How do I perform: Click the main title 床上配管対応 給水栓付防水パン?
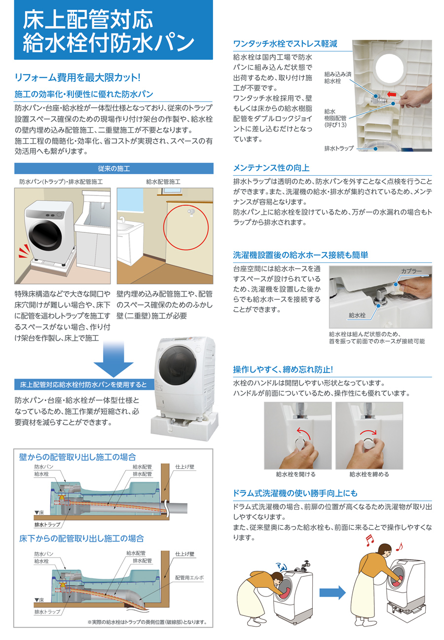[x=108, y=31]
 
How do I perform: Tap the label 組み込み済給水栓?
[x=337, y=77]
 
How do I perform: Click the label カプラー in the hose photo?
[x=411, y=271]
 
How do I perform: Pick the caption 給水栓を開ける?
[x=296, y=474]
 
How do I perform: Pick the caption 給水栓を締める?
[x=370, y=474]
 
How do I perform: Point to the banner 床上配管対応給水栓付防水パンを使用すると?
[x=84, y=384]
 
